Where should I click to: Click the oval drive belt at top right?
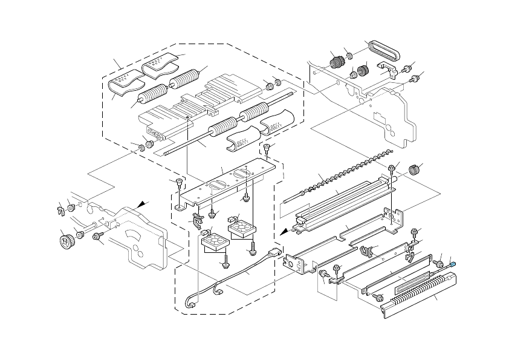point(382,50)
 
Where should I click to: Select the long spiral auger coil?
point(351,173)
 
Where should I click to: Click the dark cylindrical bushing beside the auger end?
point(413,170)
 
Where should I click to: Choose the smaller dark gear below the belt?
point(363,71)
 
